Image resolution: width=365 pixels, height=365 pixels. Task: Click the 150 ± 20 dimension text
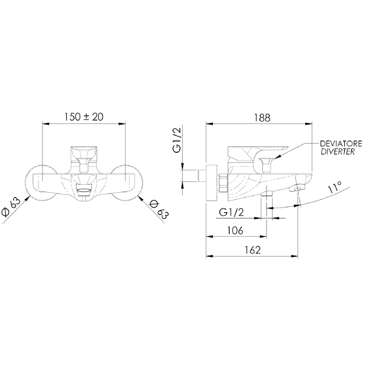(83, 117)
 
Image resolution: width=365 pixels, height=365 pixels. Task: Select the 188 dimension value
(262, 118)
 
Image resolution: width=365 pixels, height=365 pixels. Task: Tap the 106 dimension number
(235, 230)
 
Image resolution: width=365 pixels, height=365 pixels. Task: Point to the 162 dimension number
(253, 250)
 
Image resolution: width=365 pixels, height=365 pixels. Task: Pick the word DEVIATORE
(341, 144)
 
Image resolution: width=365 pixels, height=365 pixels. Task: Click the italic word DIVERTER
(338, 152)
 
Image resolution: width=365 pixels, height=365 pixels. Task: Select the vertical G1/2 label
(177, 141)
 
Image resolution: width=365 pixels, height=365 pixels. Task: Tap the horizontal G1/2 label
(231, 212)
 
